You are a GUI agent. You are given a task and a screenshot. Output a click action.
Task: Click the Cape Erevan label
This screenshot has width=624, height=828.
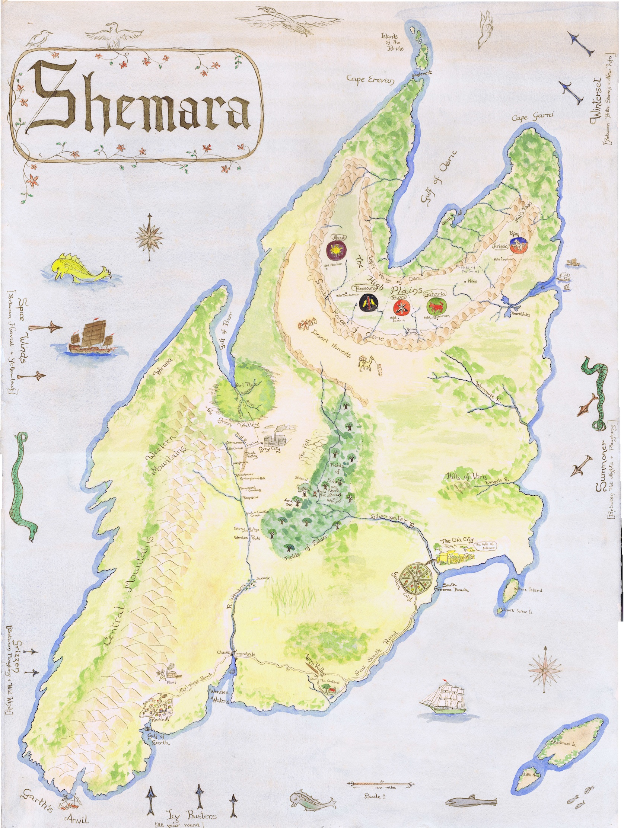point(370,80)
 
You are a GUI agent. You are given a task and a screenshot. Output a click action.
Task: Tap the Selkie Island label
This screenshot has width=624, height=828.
point(528,590)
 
